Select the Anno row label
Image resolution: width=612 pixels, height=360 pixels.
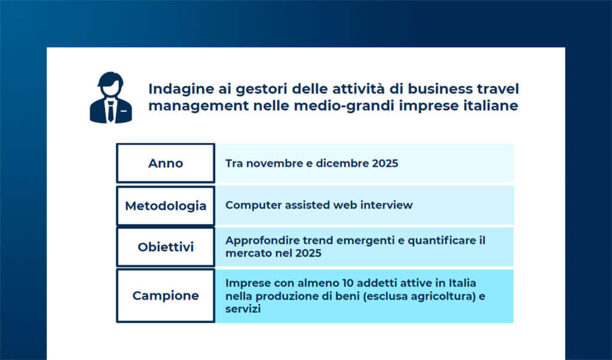point(166,163)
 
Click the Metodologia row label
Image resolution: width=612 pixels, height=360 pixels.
point(166,206)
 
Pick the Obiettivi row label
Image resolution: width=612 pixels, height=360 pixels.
point(166,247)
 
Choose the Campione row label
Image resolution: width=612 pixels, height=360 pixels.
point(166,295)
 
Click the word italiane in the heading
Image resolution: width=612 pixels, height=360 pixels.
point(488,106)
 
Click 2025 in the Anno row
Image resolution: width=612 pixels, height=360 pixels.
point(383,163)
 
